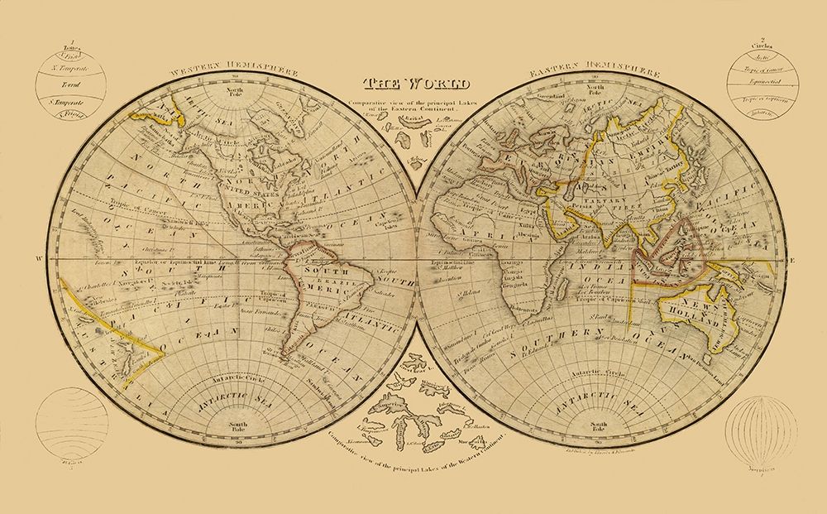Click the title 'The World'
[415, 84]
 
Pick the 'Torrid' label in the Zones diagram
[75, 85]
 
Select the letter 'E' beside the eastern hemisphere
[791, 262]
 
